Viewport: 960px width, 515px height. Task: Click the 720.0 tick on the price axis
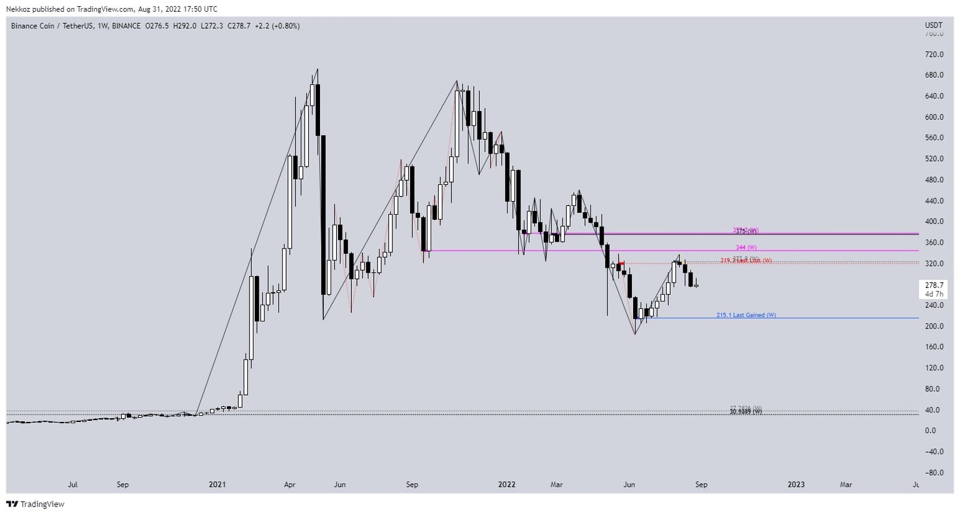pyautogui.click(x=934, y=54)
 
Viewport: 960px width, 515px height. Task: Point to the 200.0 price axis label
pyautogui.click(x=934, y=326)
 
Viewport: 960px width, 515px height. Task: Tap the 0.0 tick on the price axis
pyautogui.click(x=931, y=431)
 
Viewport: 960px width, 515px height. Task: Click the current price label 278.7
pyautogui.click(x=934, y=285)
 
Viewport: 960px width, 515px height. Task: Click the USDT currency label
pyautogui.click(x=934, y=25)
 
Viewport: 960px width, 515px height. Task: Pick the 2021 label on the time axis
pyautogui.click(x=217, y=484)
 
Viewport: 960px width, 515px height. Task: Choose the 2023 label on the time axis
pyautogui.click(x=796, y=484)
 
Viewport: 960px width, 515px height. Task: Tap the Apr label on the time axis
pyautogui.click(x=289, y=484)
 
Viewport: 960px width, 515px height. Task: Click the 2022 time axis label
pyautogui.click(x=506, y=484)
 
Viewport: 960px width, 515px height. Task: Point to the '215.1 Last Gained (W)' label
pyautogui.click(x=746, y=315)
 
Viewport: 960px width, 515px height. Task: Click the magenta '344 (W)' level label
pyautogui.click(x=746, y=248)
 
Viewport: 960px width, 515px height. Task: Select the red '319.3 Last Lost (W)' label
pyautogui.click(x=746, y=261)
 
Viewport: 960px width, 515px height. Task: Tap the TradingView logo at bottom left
pyautogui.click(x=36, y=504)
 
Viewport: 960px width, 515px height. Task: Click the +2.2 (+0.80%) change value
pyautogui.click(x=277, y=26)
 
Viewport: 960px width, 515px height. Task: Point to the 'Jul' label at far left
pyautogui.click(x=72, y=484)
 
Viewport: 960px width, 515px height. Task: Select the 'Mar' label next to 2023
pyautogui.click(x=846, y=484)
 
